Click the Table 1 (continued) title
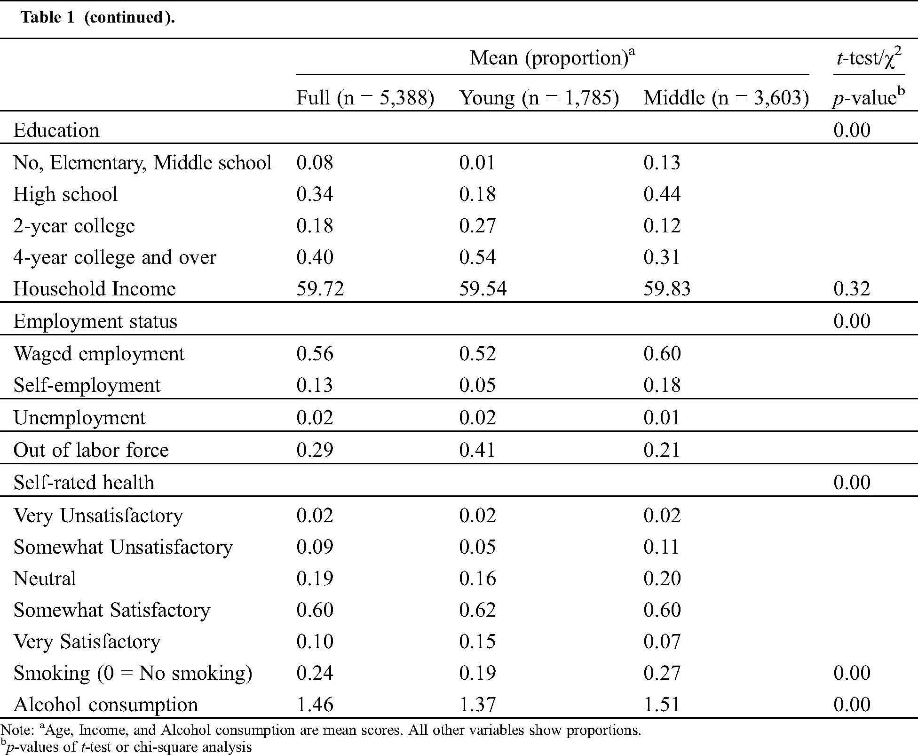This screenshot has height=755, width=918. [x=98, y=17]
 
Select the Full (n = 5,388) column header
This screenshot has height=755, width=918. [x=365, y=98]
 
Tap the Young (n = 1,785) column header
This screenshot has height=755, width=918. [x=539, y=98]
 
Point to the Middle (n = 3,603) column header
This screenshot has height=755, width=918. [x=726, y=98]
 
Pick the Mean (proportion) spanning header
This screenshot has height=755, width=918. [x=553, y=57]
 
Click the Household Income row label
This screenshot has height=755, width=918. [x=95, y=288]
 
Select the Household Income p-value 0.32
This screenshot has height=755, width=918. [x=852, y=288]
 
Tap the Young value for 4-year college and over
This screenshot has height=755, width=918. [x=477, y=257]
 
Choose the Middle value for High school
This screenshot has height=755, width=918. [x=662, y=194]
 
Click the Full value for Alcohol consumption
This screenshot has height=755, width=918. [x=315, y=704]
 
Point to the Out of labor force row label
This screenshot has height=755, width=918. [x=91, y=450]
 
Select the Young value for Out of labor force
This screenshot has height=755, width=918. [x=477, y=450]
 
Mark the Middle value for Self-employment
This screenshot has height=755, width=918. [x=662, y=385]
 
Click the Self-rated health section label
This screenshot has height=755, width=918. [x=84, y=482]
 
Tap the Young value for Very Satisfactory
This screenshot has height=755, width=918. [x=477, y=641]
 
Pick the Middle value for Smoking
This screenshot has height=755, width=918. [x=662, y=673]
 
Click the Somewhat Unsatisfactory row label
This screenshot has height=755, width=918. [x=123, y=547]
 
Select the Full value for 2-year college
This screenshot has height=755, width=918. [x=315, y=225]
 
